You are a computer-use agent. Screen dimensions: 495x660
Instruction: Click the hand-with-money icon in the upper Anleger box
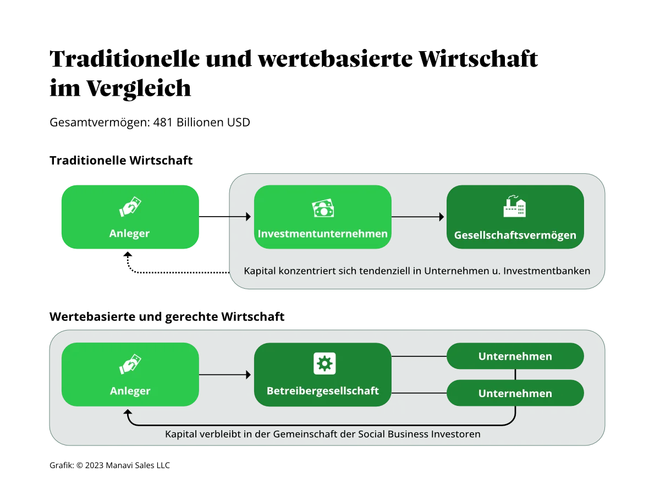pos(130,207)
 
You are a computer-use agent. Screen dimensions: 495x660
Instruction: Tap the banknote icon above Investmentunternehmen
pos(323,208)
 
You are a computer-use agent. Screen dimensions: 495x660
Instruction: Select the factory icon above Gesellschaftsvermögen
pos(515,206)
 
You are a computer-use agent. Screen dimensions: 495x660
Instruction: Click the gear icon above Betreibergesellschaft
pos(324,364)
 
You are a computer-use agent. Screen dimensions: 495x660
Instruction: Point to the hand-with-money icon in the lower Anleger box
pos(130,365)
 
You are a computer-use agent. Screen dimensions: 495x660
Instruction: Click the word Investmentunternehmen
pos(323,234)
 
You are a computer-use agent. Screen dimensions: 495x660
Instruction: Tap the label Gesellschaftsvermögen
pos(515,235)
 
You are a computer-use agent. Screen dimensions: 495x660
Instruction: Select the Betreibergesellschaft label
pos(323,391)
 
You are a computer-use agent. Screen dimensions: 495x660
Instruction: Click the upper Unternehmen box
pos(515,356)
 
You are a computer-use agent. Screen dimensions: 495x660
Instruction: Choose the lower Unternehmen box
pos(515,394)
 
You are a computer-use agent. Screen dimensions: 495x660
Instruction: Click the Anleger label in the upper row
pos(130,233)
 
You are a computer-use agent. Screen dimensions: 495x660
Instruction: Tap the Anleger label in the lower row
pos(130,391)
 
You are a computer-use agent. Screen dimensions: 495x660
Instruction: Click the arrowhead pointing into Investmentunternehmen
pos(248,217)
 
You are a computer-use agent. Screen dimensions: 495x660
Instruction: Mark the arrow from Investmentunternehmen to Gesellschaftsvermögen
pos(418,217)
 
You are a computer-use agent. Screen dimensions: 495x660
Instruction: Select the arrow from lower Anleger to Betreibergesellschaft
pos(225,375)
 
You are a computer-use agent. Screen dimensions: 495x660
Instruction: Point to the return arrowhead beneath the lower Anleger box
pos(128,413)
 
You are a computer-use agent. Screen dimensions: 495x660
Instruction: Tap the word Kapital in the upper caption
pos(260,271)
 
